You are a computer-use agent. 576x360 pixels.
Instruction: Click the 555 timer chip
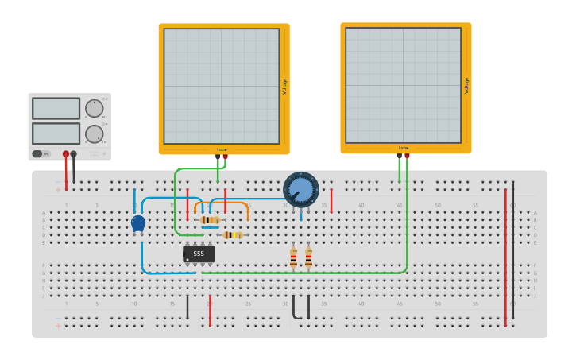(199, 254)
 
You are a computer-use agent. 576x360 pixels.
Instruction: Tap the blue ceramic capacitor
(138, 223)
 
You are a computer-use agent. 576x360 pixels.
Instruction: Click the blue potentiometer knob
(301, 189)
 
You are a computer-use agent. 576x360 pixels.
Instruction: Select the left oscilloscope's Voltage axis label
(284, 86)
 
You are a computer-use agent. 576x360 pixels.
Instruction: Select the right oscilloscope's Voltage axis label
(466, 85)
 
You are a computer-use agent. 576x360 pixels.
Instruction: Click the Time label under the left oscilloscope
(222, 149)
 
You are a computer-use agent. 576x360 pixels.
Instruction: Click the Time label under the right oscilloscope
(404, 148)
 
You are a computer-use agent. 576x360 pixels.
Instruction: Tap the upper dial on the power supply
(94, 108)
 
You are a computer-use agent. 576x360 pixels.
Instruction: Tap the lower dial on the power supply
(94, 134)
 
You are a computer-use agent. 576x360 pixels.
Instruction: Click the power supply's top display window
(56, 108)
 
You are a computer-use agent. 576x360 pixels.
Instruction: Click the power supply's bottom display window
(56, 133)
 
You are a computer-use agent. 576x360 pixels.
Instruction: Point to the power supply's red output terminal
(66, 154)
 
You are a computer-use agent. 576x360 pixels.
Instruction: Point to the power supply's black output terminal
(74, 154)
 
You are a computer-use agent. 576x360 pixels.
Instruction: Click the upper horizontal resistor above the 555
(211, 220)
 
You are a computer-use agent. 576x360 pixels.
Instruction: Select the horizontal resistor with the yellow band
(232, 235)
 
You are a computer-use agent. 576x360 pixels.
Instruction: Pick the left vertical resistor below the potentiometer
(293, 257)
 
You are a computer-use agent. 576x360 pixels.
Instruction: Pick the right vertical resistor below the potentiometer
(308, 257)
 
